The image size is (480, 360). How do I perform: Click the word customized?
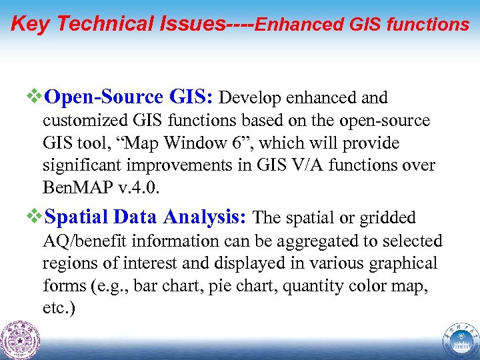click(x=81, y=121)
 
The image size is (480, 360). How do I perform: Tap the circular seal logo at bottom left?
click(x=20, y=339)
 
